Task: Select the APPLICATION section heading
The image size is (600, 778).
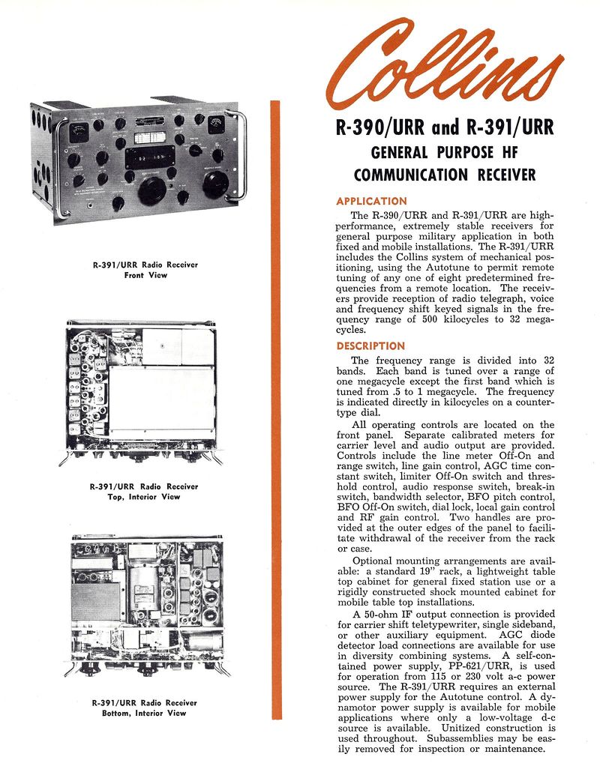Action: tap(371, 201)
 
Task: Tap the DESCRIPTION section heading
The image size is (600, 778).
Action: tap(370, 346)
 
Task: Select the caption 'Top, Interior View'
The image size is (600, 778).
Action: tap(145, 497)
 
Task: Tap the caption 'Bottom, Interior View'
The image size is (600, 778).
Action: tap(145, 713)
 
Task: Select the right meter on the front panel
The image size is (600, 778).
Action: tap(217, 124)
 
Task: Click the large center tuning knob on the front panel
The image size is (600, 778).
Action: tap(152, 191)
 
